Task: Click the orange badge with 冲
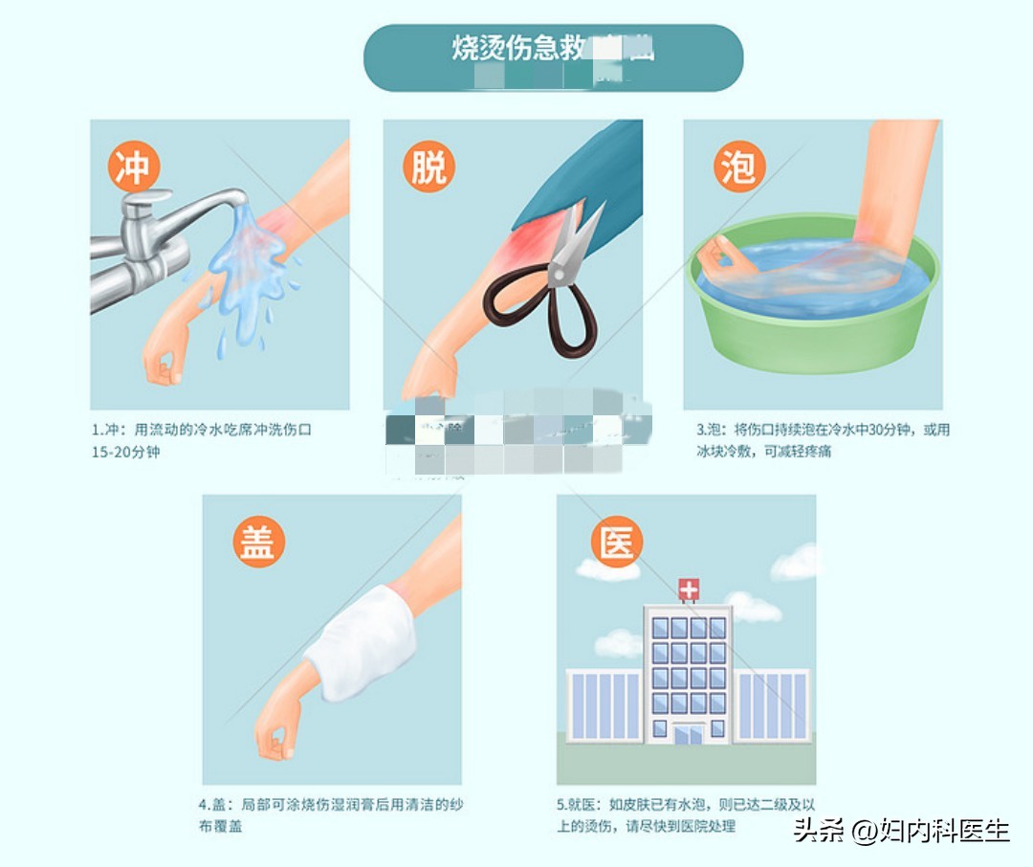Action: [133, 167]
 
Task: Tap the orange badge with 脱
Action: [428, 167]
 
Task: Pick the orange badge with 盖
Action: [258, 541]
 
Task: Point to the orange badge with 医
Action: [617, 541]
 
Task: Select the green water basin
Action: [813, 316]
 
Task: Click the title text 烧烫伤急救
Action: [516, 49]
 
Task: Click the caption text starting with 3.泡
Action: [823, 440]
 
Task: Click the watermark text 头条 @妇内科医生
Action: [901, 830]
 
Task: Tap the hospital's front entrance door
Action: [688, 734]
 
